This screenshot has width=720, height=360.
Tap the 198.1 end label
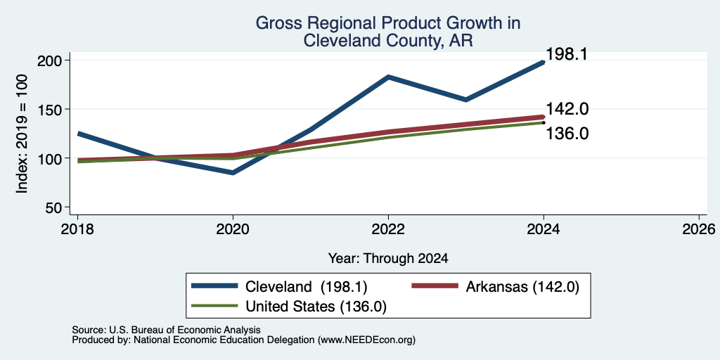(567, 54)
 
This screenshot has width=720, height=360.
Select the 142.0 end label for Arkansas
(567, 109)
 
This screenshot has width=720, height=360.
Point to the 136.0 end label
(567, 134)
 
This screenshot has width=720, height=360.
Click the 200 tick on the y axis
(51, 60)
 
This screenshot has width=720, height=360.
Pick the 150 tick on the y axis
(51, 109)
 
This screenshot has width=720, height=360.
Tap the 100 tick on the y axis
(51, 158)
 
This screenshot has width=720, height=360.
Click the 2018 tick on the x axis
(77, 229)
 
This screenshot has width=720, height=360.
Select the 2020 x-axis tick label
(233, 229)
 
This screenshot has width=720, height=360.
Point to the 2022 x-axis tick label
(388, 229)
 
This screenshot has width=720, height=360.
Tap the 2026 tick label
(699, 229)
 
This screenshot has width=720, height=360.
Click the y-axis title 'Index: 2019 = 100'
(22, 134)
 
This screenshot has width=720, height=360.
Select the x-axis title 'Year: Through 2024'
(388, 259)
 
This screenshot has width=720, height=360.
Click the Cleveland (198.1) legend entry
(279, 287)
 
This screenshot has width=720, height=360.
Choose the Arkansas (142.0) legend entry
(496, 287)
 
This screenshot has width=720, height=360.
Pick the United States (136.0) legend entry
(289, 307)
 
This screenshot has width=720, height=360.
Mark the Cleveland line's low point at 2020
(233, 173)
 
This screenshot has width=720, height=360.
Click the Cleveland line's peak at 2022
(388, 77)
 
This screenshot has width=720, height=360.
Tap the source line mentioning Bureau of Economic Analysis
(166, 330)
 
